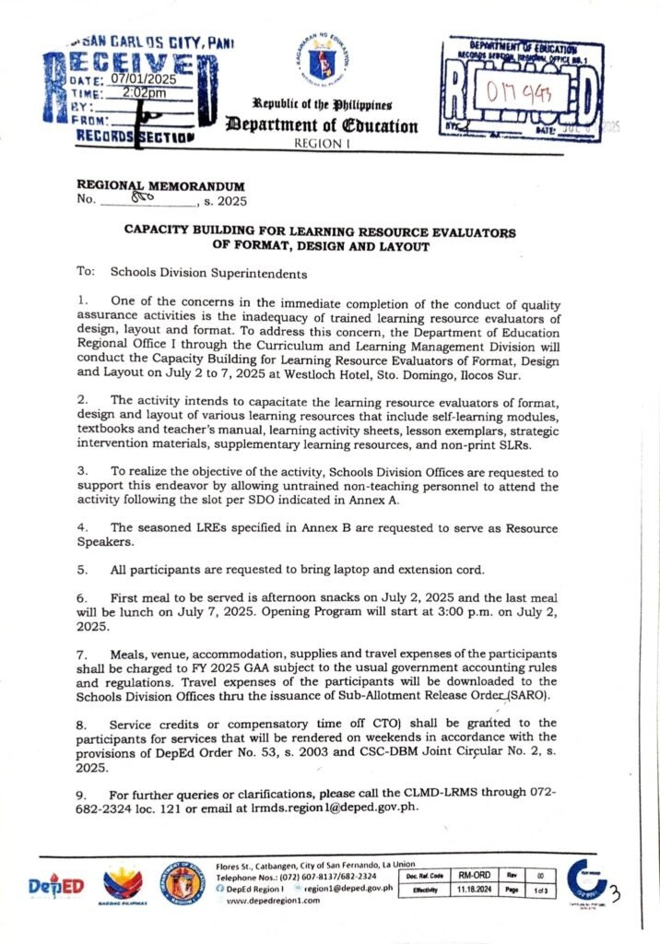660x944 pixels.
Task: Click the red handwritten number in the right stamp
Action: click(x=524, y=91)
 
